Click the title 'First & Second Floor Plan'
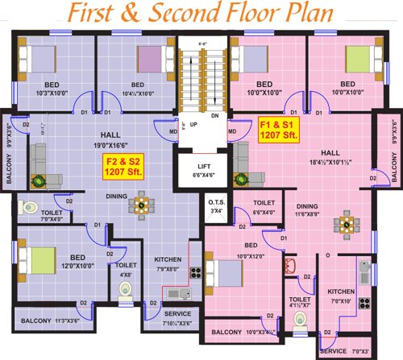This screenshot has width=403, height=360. click(x=201, y=15)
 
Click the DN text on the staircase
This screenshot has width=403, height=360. click(x=214, y=115)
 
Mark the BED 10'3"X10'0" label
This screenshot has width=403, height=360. click(x=45, y=89)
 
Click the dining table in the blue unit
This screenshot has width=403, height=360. click(x=142, y=206)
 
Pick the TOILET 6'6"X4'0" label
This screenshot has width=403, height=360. click(x=264, y=207)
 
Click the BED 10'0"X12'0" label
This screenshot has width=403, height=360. click(x=251, y=250)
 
